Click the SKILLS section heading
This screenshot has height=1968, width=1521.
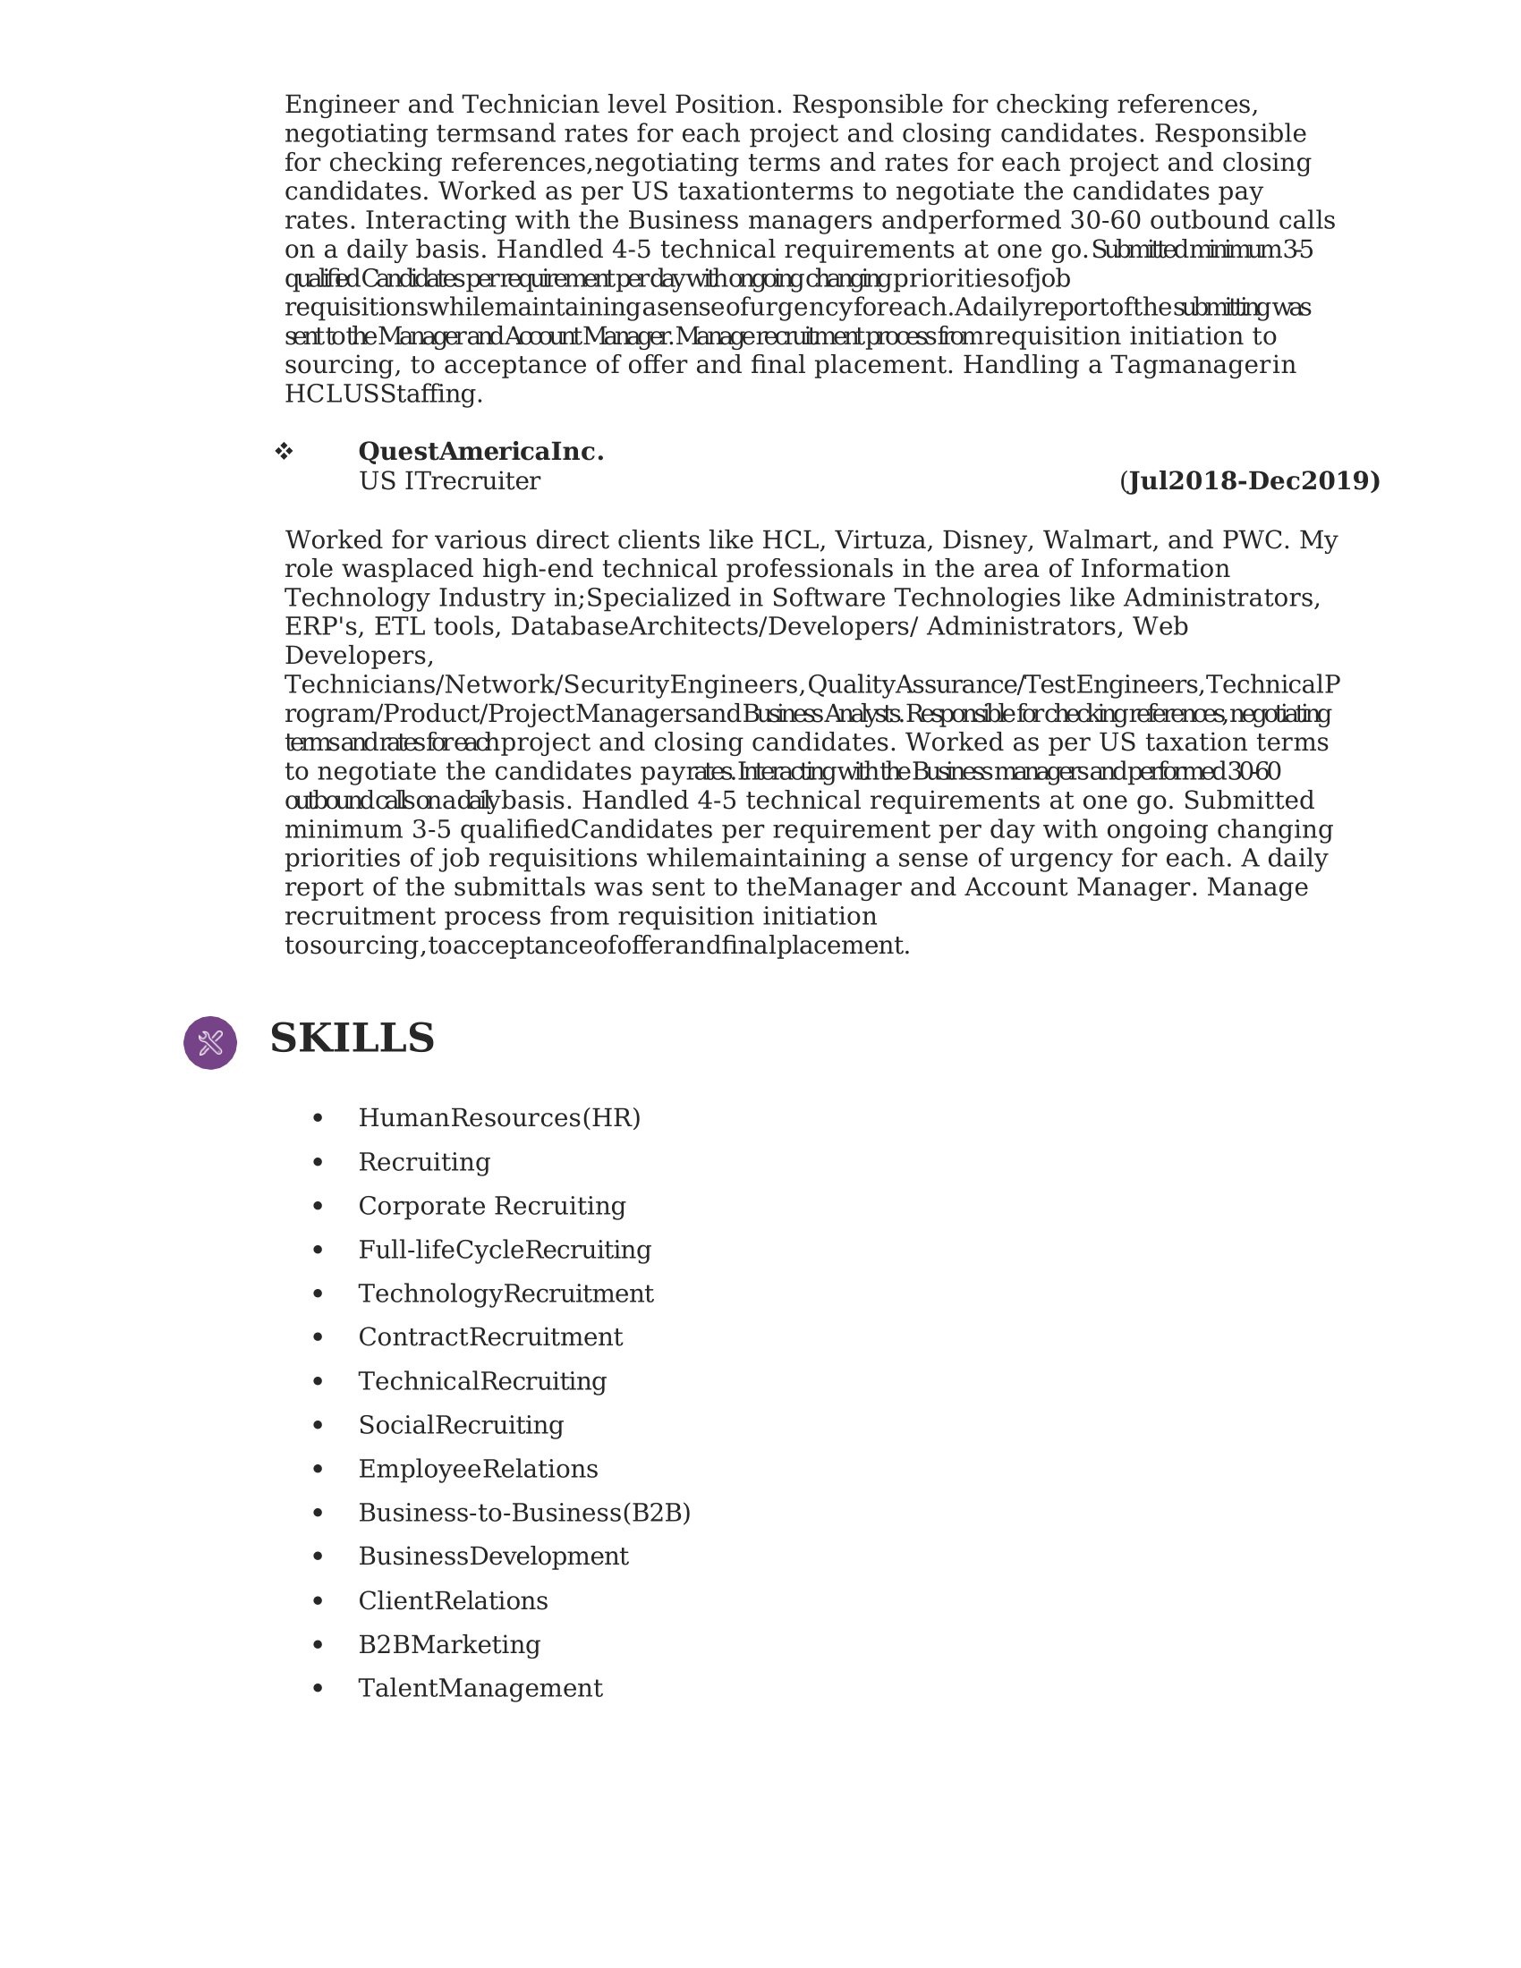pyautogui.click(x=352, y=1038)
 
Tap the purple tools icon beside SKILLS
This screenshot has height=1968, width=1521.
pyautogui.click(x=210, y=1042)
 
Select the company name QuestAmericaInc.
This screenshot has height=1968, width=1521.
pyautogui.click(x=480, y=452)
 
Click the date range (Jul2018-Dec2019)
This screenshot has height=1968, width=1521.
pyautogui.click(x=1249, y=481)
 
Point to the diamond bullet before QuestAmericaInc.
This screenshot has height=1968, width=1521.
pyautogui.click(x=284, y=452)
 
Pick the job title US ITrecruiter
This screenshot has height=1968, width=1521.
pyautogui.click(x=449, y=481)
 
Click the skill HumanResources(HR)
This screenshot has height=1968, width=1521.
pyautogui.click(x=499, y=1117)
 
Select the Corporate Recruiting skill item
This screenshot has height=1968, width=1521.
pyautogui.click(x=491, y=1206)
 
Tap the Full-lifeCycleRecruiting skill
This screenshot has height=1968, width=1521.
pyautogui.click(x=505, y=1250)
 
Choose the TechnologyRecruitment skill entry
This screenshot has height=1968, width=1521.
pyautogui.click(x=506, y=1294)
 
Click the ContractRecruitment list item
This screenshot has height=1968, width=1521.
pyautogui.click(x=490, y=1337)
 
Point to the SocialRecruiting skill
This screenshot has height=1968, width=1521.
pyautogui.click(x=461, y=1425)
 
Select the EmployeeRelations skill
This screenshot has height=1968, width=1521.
pyautogui.click(x=478, y=1469)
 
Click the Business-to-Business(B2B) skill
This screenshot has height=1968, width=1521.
pyautogui.click(x=523, y=1513)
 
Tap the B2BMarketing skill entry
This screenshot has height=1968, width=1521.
pyautogui.click(x=449, y=1644)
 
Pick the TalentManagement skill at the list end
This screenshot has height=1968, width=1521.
pyautogui.click(x=480, y=1689)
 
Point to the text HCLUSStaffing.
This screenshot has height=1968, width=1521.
pyautogui.click(x=383, y=394)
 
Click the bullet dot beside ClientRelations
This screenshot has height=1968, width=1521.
pyautogui.click(x=318, y=1601)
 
